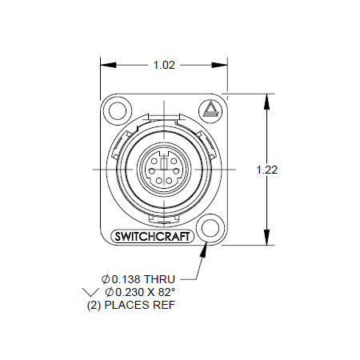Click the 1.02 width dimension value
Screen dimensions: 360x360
point(164,65)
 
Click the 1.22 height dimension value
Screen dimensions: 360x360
point(267,170)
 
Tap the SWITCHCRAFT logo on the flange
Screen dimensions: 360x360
point(152,237)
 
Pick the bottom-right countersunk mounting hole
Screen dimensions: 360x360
point(210,229)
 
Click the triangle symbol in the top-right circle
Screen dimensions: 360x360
point(210,109)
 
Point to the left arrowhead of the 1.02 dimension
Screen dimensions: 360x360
point(109,65)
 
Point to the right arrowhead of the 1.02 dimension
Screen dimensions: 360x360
point(219,65)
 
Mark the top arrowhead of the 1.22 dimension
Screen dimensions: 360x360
point(266,102)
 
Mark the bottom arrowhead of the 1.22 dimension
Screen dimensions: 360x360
point(266,237)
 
